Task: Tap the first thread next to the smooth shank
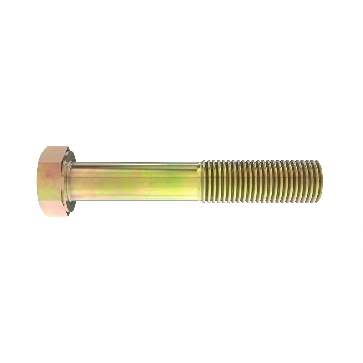click(x=203, y=181)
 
